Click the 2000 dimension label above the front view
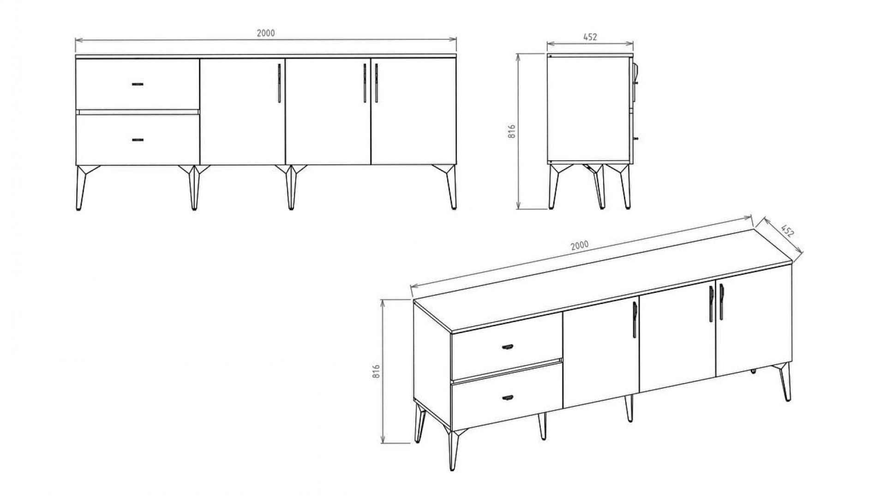tap(265, 33)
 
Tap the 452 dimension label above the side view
tap(590, 37)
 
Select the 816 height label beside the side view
tap(511, 131)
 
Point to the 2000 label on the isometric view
tap(580, 245)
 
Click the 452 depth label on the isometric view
tap(787, 231)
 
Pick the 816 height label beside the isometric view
tap(376, 371)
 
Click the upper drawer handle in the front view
tap(138, 84)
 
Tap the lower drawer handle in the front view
tap(138, 140)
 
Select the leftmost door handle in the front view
tap(279, 83)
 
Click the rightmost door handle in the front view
tap(377, 83)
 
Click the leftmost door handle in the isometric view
tap(635, 319)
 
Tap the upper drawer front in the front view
tap(138, 84)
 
